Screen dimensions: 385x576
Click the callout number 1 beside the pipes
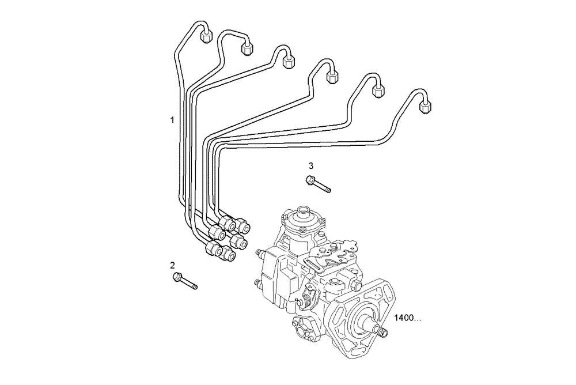coord(172,120)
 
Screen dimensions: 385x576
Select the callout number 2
coord(172,265)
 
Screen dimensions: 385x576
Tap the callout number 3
coord(311,165)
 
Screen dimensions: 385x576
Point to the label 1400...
coord(407,318)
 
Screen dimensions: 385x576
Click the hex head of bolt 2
coord(177,278)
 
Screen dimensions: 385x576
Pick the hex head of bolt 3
coord(310,180)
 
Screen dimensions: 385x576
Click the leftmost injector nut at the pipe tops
coord(206,37)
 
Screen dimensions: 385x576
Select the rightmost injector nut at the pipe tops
coord(426,106)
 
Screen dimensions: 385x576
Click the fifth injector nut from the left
coord(378,90)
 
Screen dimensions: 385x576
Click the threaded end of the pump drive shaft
coord(380,330)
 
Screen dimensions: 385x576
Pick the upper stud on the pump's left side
coord(258,252)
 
